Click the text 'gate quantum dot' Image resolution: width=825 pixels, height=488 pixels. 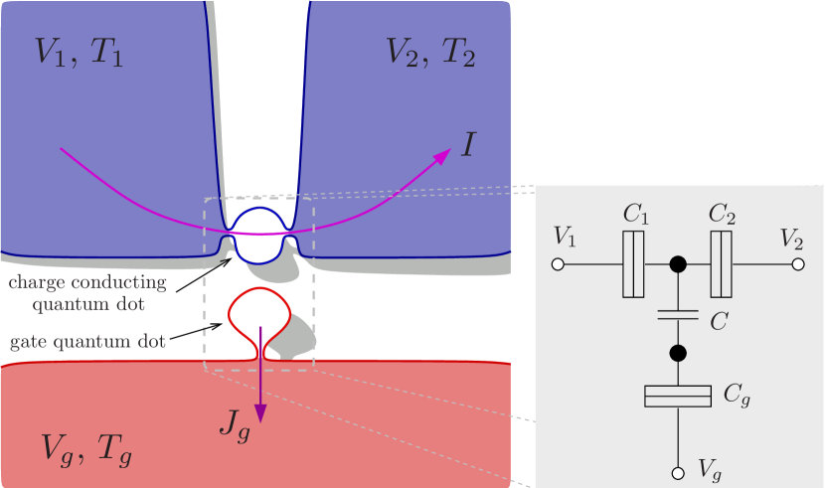coord(88,343)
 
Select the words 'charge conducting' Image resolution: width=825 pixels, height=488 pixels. coord(87,282)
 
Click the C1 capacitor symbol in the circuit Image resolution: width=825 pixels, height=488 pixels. coord(633,264)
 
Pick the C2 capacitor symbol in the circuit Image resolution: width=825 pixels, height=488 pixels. coord(722,264)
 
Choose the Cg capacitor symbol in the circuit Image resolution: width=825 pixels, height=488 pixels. coord(678,397)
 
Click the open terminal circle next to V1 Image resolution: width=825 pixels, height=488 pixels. coord(559,264)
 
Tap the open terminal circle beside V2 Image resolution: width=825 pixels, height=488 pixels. coord(797,264)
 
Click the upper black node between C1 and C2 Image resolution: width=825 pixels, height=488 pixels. coord(678,264)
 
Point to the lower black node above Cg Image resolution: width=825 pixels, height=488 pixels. coord(678,353)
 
